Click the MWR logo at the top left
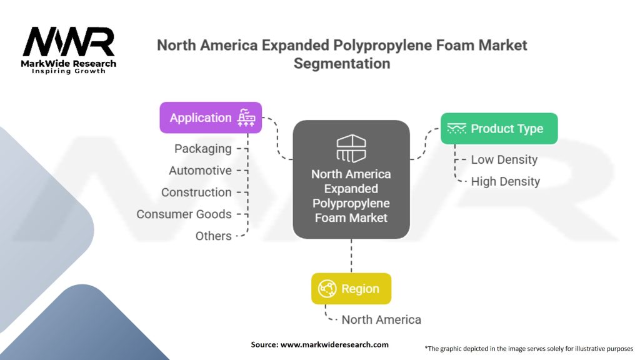(x=69, y=42)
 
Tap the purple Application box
(x=211, y=117)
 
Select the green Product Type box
(x=499, y=129)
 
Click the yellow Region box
(x=351, y=289)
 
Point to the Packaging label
(x=202, y=149)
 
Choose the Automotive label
(x=200, y=171)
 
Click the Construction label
(x=196, y=192)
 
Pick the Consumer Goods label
(x=184, y=214)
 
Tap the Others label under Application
(x=213, y=236)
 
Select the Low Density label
(x=504, y=160)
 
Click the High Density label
(x=505, y=182)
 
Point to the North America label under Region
(x=381, y=320)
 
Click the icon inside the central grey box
(x=351, y=148)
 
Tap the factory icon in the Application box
(x=246, y=117)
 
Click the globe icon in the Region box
(x=327, y=289)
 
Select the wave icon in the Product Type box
(x=457, y=128)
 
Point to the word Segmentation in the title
(x=342, y=63)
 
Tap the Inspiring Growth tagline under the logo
(x=69, y=71)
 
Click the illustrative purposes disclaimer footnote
(x=529, y=348)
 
